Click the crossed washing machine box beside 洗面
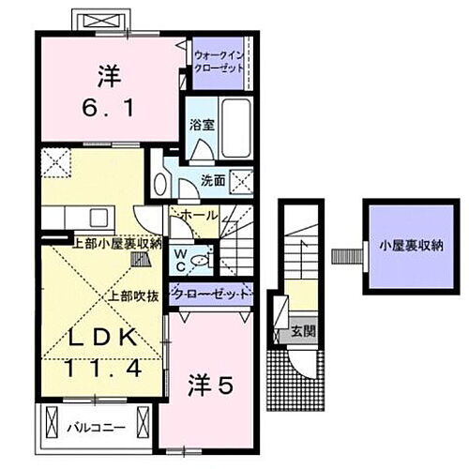pyautogui.click(x=241, y=179)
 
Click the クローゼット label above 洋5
pyautogui.click(x=212, y=294)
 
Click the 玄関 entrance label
pyautogui.click(x=302, y=331)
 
